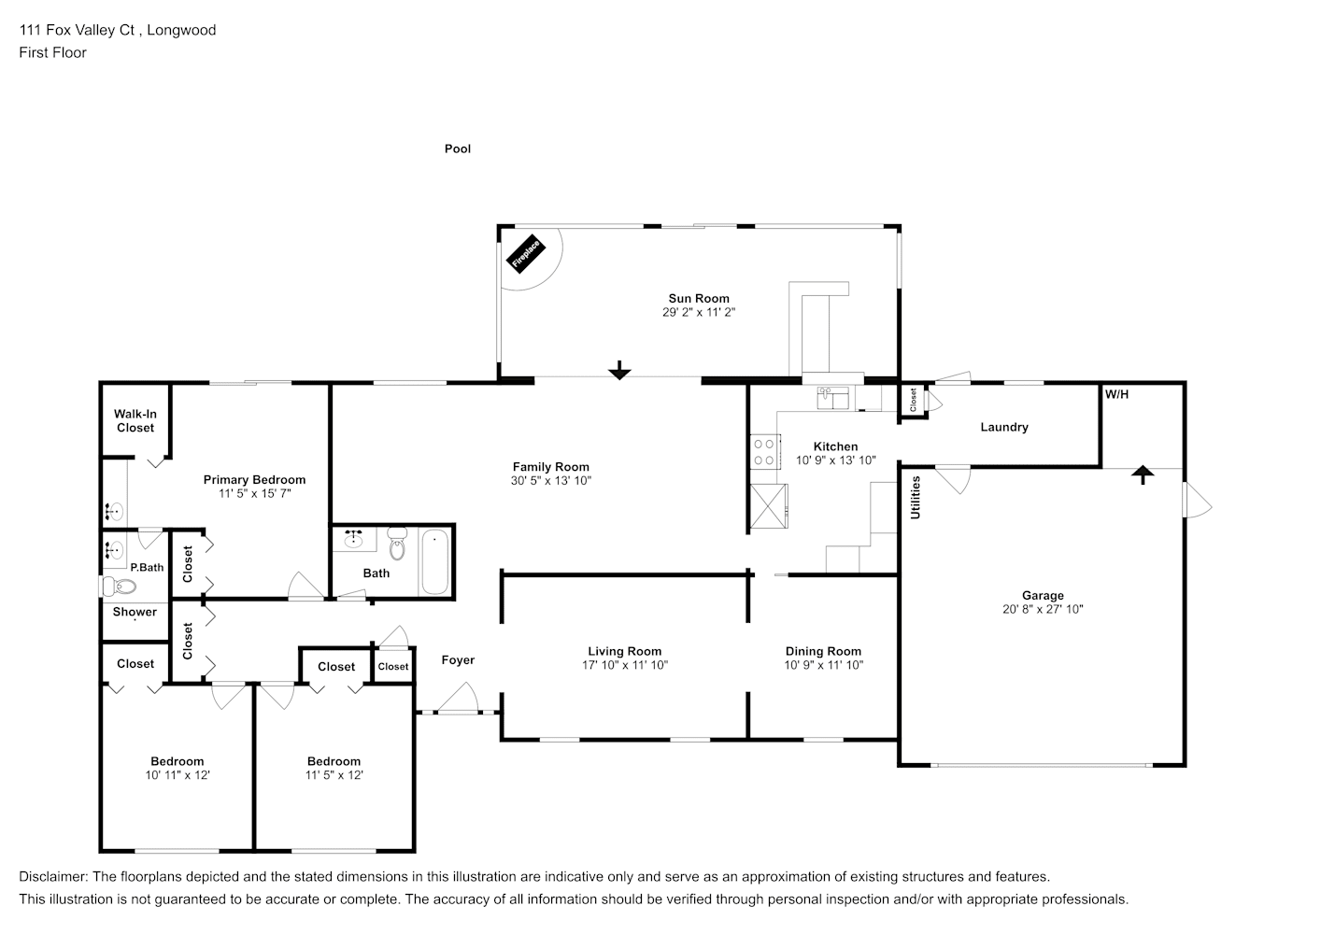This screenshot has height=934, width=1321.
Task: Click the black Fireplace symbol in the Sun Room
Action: point(525,253)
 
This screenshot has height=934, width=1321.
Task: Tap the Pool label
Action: point(458,149)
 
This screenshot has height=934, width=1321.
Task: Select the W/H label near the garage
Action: point(1116,394)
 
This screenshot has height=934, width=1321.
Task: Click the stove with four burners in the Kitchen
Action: point(765,452)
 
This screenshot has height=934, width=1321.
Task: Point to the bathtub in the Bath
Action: point(435,561)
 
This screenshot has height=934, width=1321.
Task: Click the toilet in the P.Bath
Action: point(120,587)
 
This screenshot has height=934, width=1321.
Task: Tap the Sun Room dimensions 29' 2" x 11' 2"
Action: point(699,313)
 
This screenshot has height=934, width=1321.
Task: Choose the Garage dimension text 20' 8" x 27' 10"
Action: point(1043,610)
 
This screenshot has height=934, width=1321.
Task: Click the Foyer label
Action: point(458,659)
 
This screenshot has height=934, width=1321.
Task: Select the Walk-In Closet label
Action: point(135,421)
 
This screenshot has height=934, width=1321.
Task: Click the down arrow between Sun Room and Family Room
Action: point(619,370)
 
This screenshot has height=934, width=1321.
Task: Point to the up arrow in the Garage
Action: point(1143,474)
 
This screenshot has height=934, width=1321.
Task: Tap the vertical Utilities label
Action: point(916,497)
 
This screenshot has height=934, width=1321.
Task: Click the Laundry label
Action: point(1004,427)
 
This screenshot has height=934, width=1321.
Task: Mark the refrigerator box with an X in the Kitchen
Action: point(769,506)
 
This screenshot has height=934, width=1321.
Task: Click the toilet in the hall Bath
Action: point(397,544)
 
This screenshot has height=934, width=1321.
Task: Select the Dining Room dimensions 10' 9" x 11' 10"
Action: point(823,665)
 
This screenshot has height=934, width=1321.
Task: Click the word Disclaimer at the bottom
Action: point(53,877)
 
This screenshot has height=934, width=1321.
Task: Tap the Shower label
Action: point(135,612)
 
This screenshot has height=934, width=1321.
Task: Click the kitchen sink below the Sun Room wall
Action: point(832,398)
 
